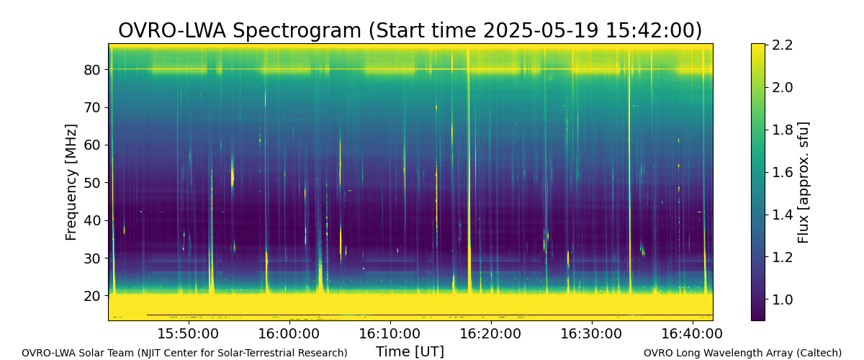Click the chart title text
point(410,30)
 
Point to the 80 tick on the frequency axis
point(92,70)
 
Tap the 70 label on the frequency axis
point(92,107)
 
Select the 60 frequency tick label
point(92,145)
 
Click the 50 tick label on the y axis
point(92,183)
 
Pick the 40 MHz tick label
point(92,221)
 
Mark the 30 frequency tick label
point(92,258)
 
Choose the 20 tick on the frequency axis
point(92,297)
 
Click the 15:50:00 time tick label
point(189,333)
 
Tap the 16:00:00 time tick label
point(289,333)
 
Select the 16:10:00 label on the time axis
point(390,333)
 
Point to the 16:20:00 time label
point(491,333)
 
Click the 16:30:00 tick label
point(592,333)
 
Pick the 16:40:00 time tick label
point(693,333)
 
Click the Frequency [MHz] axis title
point(71,182)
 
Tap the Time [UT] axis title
point(410,351)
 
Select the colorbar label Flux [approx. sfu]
point(803,182)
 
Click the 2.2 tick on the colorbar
point(782,45)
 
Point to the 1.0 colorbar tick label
point(782,300)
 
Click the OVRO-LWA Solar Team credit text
point(184,353)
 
